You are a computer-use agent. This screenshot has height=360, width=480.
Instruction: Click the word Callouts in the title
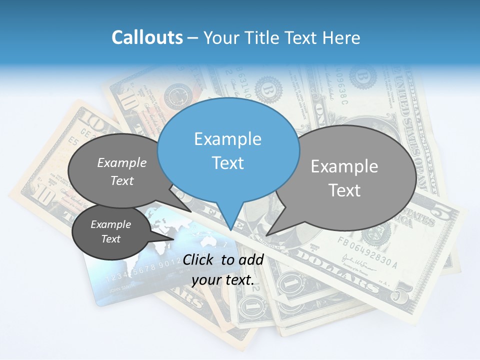[147, 37]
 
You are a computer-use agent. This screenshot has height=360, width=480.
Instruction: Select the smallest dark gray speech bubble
[110, 232]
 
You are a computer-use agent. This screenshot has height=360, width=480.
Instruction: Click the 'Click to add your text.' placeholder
[223, 269]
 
